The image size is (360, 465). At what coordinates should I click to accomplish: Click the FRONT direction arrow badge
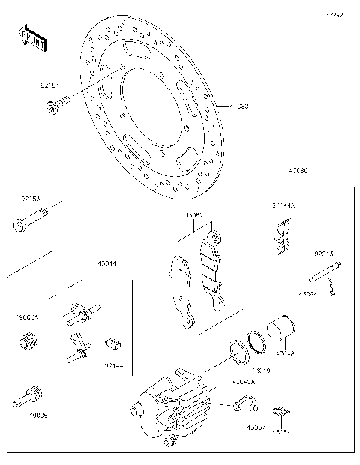pos(32,38)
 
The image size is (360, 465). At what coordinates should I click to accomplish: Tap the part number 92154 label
pos(50,86)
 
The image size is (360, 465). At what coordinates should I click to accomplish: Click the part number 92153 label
pos(30,199)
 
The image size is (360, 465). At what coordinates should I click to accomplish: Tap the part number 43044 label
pos(106,264)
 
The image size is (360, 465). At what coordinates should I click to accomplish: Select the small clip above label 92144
pos(112,343)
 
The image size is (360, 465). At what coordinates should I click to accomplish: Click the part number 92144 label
pos(113,365)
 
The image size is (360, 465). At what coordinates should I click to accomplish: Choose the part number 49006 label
pos(37,414)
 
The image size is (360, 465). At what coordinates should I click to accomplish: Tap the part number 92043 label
pos(324,253)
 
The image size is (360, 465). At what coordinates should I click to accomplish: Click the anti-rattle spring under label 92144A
pos(281,233)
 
